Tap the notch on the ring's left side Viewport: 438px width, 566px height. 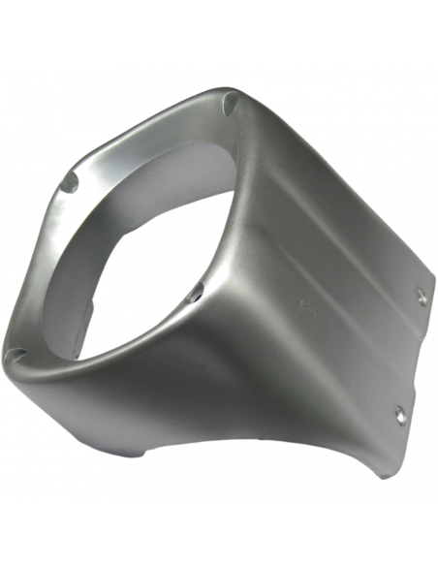point(70,181)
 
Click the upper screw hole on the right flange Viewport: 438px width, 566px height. point(422,297)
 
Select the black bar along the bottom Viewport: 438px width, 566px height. point(219,533)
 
